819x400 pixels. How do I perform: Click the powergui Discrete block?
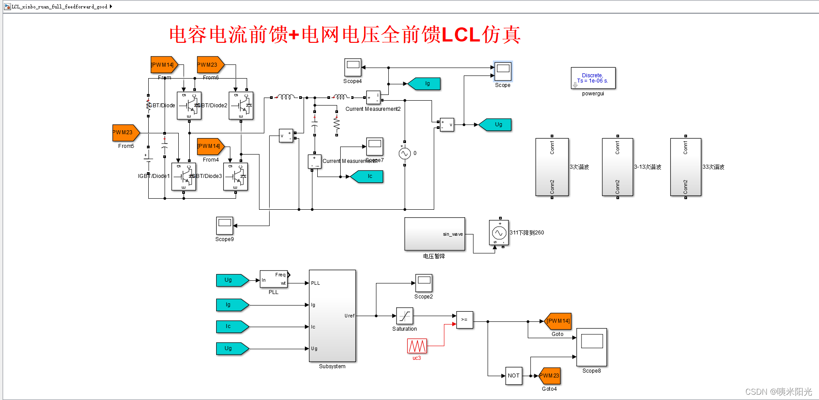[593, 78]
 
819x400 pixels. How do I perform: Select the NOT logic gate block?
[514, 376]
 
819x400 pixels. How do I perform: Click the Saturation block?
[405, 316]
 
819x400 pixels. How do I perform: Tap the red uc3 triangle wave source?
[417, 346]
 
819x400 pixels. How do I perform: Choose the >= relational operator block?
[464, 320]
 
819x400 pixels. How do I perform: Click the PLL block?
[274, 279]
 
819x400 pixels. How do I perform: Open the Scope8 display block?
[592, 347]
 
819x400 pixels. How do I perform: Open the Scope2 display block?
[424, 283]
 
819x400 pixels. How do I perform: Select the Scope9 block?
[225, 226]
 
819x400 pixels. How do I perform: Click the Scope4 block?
[353, 68]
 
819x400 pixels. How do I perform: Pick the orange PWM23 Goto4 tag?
[549, 376]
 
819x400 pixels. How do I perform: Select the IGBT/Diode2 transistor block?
[241, 106]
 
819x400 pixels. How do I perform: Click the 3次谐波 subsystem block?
[552, 167]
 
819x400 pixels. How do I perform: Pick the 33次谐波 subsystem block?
[686, 167]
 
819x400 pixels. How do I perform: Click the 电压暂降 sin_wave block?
[435, 234]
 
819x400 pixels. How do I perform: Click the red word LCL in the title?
[461, 35]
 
